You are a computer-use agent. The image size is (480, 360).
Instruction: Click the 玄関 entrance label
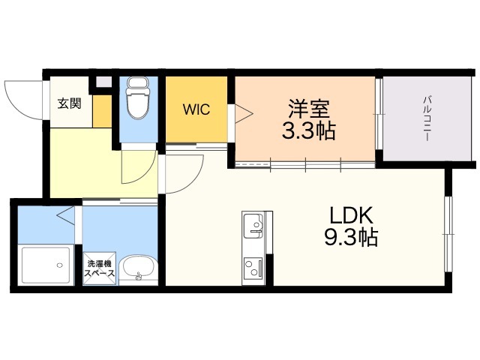pos(70,103)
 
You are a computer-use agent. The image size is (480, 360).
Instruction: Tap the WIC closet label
pos(196,109)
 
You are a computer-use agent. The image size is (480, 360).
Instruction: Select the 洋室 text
pos(308,109)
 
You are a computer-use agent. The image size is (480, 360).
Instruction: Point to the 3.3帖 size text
pos(308,130)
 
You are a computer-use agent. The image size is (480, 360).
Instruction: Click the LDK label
pos(352,215)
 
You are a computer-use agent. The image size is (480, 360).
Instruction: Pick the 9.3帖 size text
pos(351,237)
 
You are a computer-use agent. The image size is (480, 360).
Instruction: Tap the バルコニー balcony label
pos(427,118)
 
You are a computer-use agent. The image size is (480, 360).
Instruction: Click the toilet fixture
pos(138,98)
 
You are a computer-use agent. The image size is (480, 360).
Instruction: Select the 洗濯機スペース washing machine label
pos(100,268)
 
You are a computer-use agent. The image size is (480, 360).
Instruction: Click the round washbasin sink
pos(138,269)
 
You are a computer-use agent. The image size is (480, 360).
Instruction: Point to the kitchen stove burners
pos(253,267)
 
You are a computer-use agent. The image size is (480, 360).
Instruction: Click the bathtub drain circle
pos(60,265)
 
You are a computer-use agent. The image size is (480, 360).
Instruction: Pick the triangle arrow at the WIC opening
pos(244,114)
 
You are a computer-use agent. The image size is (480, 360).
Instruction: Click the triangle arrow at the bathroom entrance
pos(65,215)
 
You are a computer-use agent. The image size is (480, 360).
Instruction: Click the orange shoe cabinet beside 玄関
pos(102,111)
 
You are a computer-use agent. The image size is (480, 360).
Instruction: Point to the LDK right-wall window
pos(448,234)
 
